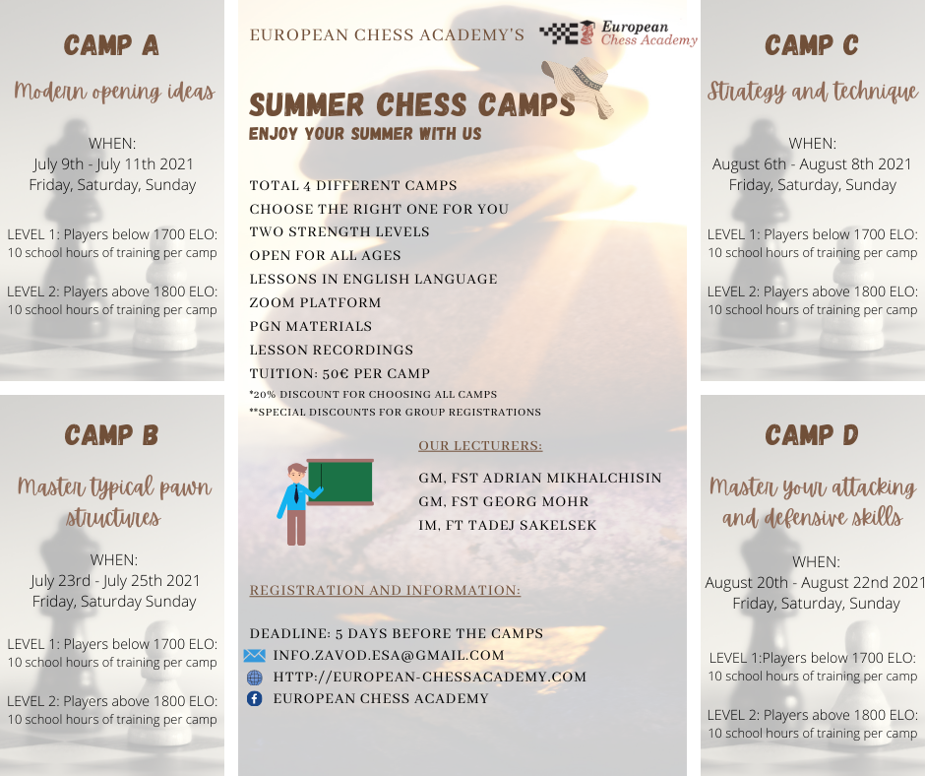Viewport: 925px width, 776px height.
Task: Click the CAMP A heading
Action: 111,45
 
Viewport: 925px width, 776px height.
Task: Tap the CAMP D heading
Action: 812,435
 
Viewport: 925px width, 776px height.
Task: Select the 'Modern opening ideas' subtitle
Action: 114,92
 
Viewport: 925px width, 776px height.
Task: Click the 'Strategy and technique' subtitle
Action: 812,92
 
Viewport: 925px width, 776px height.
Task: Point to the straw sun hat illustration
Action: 579,87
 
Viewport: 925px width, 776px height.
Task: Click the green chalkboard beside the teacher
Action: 340,482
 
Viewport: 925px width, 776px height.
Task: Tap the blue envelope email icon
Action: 254,655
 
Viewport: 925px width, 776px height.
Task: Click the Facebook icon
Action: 254,698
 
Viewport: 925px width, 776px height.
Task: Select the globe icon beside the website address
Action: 254,677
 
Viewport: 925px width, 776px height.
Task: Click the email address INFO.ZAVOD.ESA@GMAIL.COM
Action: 389,655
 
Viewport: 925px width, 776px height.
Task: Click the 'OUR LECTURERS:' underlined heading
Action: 480,446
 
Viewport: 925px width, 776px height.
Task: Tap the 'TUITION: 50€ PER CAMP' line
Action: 339,374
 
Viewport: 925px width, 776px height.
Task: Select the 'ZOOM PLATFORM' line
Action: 316,303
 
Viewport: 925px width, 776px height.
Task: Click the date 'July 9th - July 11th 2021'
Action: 113,164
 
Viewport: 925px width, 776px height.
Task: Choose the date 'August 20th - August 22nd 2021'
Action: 815,583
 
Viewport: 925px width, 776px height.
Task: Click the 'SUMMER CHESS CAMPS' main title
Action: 411,105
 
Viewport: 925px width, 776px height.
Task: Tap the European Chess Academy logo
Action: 618,33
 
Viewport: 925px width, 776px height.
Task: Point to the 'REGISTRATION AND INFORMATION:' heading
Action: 385,590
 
